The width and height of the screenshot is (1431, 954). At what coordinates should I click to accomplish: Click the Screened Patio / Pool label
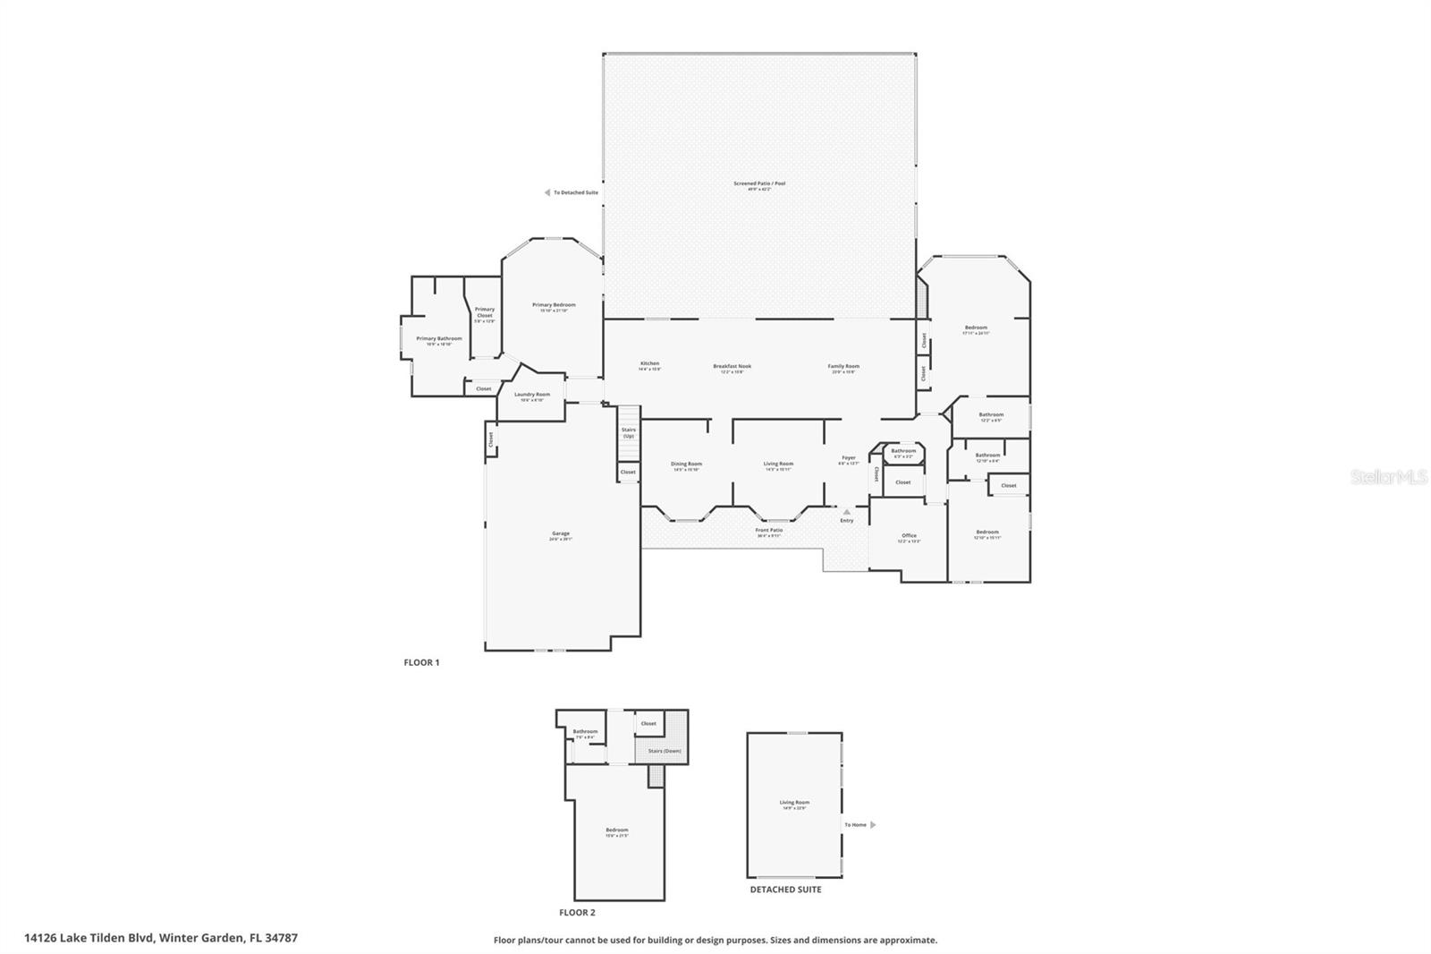(759, 184)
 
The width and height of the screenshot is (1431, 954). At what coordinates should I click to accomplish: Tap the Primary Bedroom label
(554, 306)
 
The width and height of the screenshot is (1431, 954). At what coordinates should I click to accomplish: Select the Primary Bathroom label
(439, 339)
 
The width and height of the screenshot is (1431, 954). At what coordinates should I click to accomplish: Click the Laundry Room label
(532, 396)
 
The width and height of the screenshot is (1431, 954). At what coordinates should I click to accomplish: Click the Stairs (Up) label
(629, 432)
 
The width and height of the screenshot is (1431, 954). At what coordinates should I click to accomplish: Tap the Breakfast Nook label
(732, 367)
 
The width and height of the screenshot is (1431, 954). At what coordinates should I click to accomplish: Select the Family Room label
(843, 367)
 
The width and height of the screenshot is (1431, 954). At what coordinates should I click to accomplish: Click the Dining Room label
(686, 464)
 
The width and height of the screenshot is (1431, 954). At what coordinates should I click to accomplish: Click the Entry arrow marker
(847, 512)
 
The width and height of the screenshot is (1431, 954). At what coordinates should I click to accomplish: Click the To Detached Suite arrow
(547, 192)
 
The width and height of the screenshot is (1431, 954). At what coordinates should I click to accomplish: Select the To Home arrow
(873, 824)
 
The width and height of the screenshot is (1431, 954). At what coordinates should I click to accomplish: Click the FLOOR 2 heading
(577, 913)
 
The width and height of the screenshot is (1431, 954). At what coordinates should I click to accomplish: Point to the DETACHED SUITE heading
(785, 890)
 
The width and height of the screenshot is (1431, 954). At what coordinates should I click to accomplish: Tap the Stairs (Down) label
(665, 751)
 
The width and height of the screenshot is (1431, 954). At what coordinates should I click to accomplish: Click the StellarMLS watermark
(1388, 478)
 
